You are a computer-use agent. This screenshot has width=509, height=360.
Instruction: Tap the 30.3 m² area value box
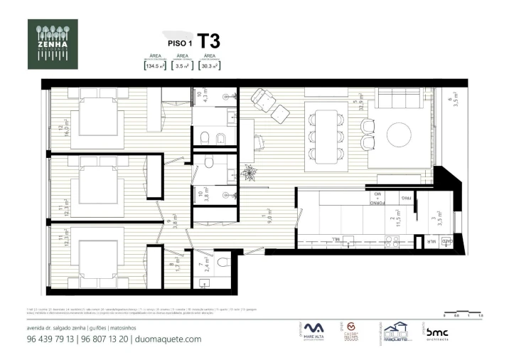point(210,66)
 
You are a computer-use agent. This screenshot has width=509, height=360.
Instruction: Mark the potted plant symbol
point(249,171)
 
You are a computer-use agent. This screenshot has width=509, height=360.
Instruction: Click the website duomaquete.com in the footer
point(168,339)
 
